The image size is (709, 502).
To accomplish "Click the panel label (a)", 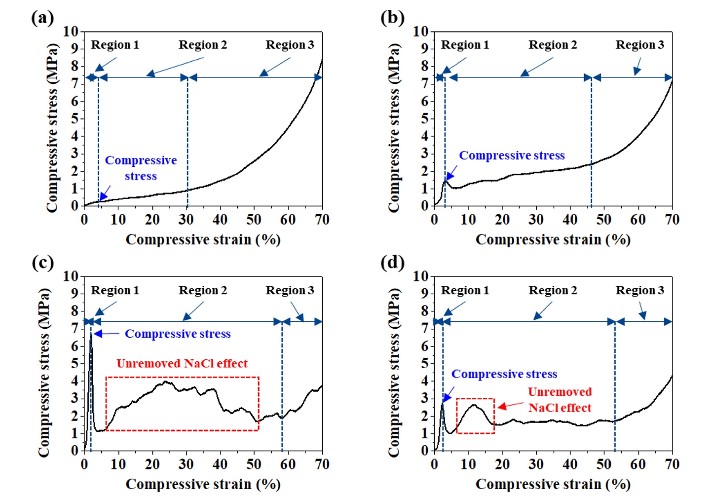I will pyautogui.click(x=42, y=18).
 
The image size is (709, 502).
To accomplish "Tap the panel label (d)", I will pyautogui.click(x=392, y=262).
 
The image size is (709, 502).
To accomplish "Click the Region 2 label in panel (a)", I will pyautogui.click(x=203, y=45).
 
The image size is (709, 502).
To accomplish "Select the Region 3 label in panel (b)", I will pyautogui.click(x=639, y=45).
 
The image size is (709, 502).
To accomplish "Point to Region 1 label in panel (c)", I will pyautogui.click(x=115, y=290).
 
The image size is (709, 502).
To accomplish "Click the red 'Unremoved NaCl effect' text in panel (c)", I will pyautogui.click(x=182, y=364).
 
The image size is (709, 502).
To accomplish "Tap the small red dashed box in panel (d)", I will pyautogui.click(x=475, y=416).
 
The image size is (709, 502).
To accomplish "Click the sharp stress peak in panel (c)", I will pyautogui.click(x=91, y=336).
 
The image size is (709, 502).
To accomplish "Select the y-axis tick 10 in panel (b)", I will pyautogui.click(x=421, y=32).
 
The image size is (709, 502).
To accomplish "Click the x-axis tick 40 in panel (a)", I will pyautogui.click(x=220, y=220).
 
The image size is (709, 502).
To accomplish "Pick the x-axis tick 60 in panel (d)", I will pyautogui.click(x=638, y=464).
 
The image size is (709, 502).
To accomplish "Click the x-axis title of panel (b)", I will pyautogui.click(x=553, y=240).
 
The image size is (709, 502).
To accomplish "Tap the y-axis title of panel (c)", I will pyautogui.click(x=44, y=373).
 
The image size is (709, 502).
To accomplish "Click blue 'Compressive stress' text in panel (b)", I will pyautogui.click(x=512, y=155).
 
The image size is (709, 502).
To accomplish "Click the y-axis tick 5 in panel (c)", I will pyautogui.click(x=75, y=363).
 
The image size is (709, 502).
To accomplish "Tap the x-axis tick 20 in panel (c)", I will pyautogui.click(x=152, y=464).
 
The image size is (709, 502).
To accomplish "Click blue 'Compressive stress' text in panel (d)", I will pyautogui.click(x=504, y=374).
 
